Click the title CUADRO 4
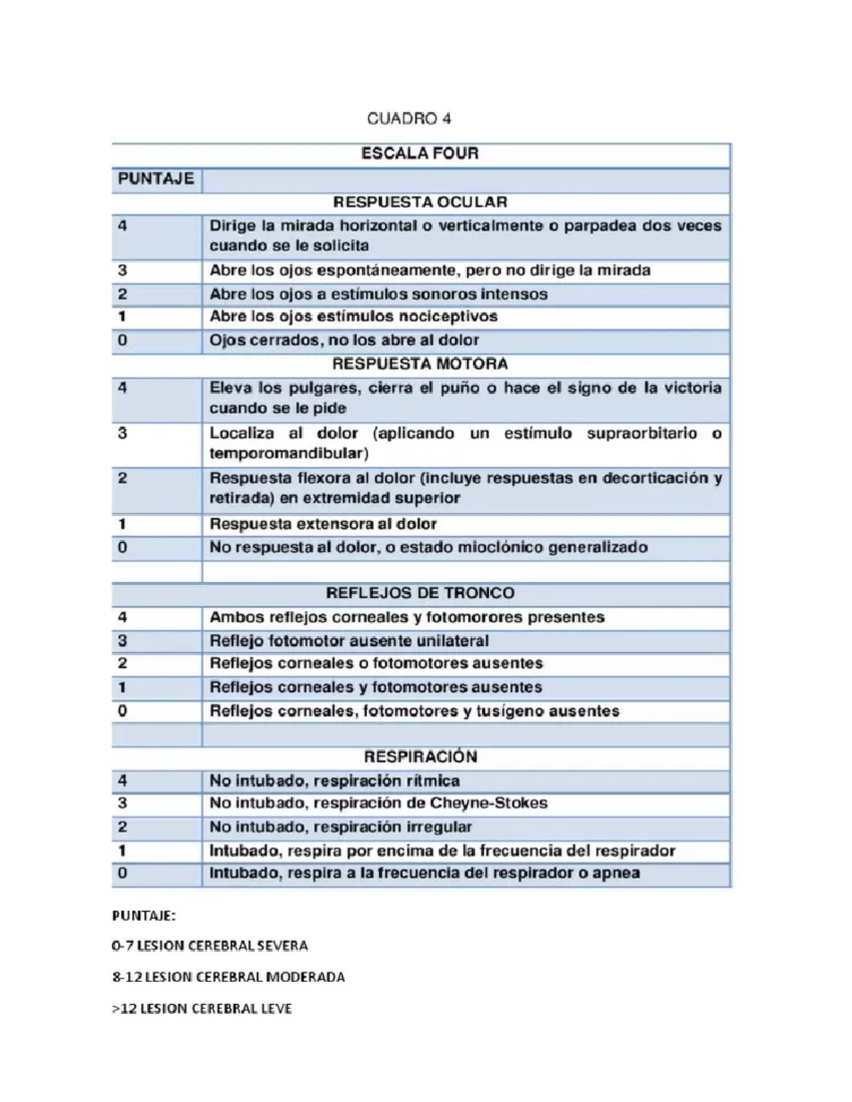click(x=409, y=119)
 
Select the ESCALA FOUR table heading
click(x=420, y=153)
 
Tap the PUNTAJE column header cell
click(x=156, y=179)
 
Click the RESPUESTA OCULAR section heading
click(x=420, y=202)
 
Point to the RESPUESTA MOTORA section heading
click(x=420, y=364)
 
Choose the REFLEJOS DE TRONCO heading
click(x=420, y=593)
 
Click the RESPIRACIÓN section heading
click(x=420, y=756)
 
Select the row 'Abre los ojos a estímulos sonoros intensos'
click(x=378, y=294)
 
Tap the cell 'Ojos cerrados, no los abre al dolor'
click(x=344, y=341)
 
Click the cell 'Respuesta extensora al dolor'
click(x=323, y=524)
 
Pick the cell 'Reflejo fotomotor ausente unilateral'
click(x=349, y=641)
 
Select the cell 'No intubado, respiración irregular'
click(x=341, y=827)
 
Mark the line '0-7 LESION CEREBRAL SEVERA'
click(x=210, y=946)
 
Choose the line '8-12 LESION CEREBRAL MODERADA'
click(x=229, y=977)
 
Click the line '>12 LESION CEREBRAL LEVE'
click(x=202, y=1008)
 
